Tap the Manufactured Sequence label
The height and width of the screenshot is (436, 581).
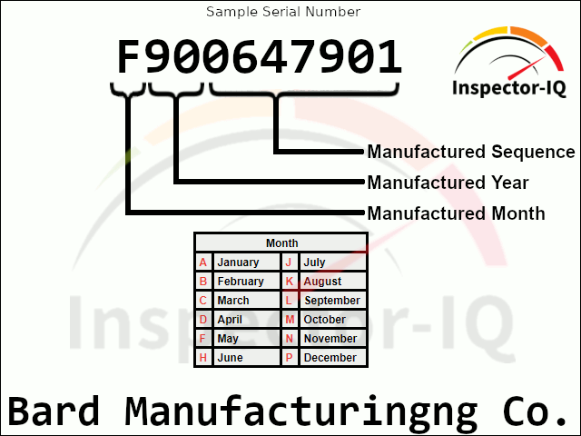coord(470,152)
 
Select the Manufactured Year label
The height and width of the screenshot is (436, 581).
coord(448,183)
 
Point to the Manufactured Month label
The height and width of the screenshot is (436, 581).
coord(456,213)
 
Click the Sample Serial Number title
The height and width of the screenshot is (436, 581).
coord(283,12)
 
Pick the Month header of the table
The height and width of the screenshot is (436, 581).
coord(281,243)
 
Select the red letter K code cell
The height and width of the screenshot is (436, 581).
coord(289,282)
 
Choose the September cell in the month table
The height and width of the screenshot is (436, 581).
coord(332,301)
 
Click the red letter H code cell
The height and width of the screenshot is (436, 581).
coord(203,358)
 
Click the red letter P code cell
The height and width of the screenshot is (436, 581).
coord(289,358)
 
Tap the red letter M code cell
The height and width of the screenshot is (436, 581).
coord(289,320)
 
